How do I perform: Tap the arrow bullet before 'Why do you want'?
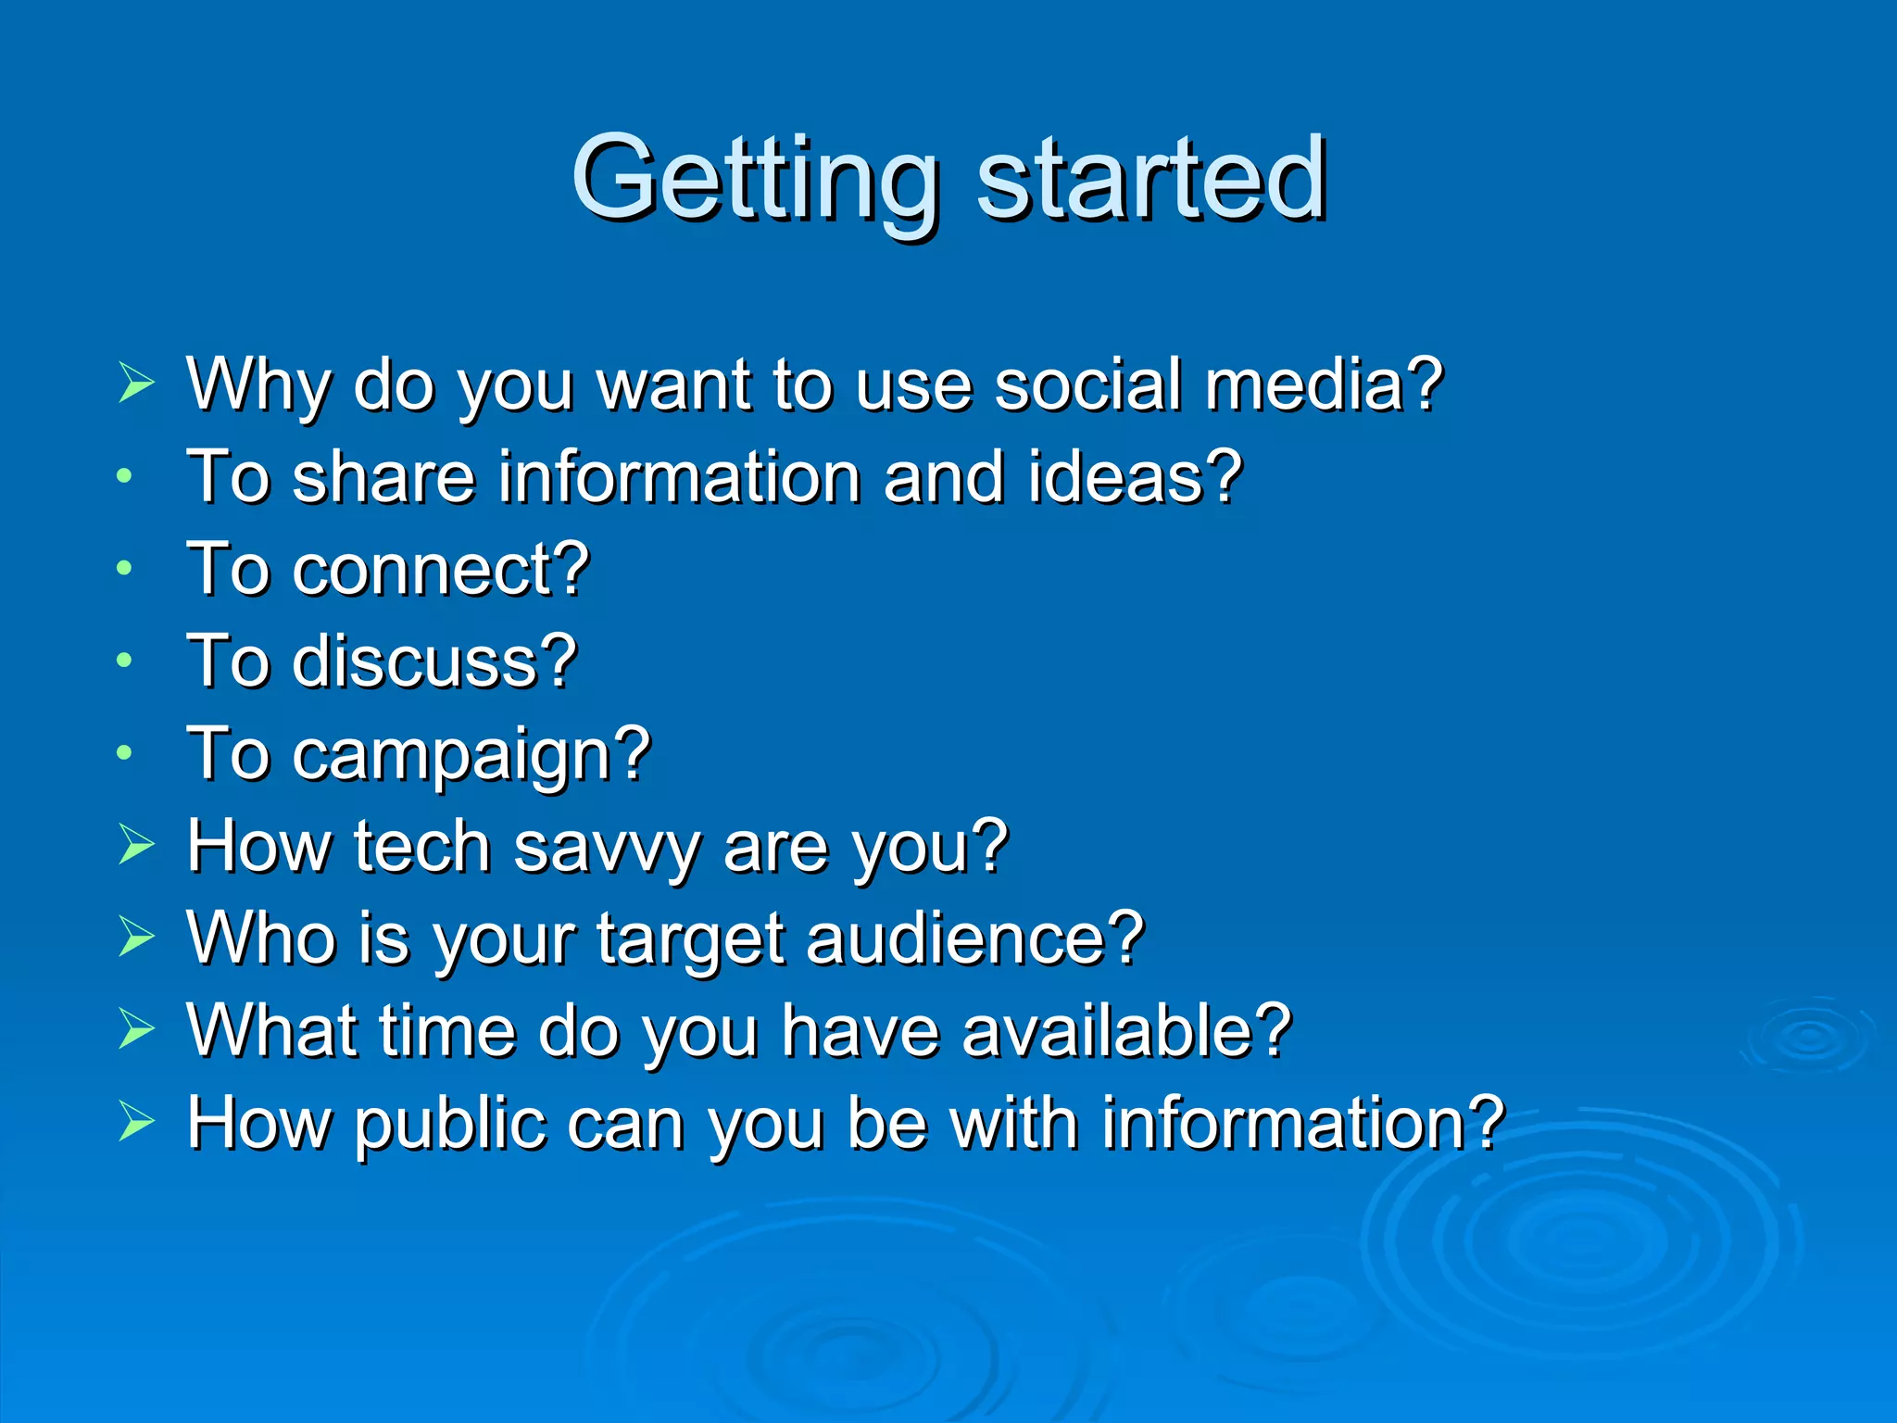136,383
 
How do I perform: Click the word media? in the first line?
1325,384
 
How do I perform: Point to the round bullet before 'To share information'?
125,477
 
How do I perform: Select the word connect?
441,569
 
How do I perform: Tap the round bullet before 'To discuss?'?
125,661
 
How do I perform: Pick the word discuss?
434,661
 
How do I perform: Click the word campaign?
472,756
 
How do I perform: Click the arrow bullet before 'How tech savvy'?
136,844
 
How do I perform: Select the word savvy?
607,848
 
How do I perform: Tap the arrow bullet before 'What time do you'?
136,1028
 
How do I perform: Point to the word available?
1126,1031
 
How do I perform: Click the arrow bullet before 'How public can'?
136,1121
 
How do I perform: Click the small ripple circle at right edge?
1809,1038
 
